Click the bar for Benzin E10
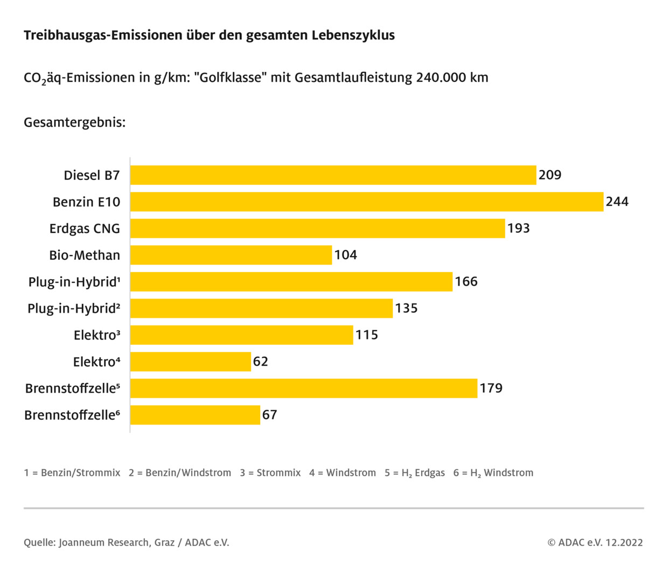[x=366, y=202]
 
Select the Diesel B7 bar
[x=333, y=175]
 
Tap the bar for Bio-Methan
[x=231, y=255]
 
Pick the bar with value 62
[x=190, y=362]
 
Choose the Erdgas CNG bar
[x=317, y=228]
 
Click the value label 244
[x=617, y=202]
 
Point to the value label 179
[x=491, y=388]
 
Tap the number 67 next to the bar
[x=269, y=415]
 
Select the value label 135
[x=406, y=308]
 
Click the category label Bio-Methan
[x=85, y=255]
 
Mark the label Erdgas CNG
[x=85, y=229]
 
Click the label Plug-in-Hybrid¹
[x=74, y=282]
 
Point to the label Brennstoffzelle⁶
[x=72, y=415]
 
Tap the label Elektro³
[x=97, y=335]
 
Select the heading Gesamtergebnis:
[x=74, y=123]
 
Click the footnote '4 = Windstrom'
[x=343, y=473]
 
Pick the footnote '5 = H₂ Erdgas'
[x=415, y=473]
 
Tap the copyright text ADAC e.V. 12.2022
[x=595, y=542]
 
